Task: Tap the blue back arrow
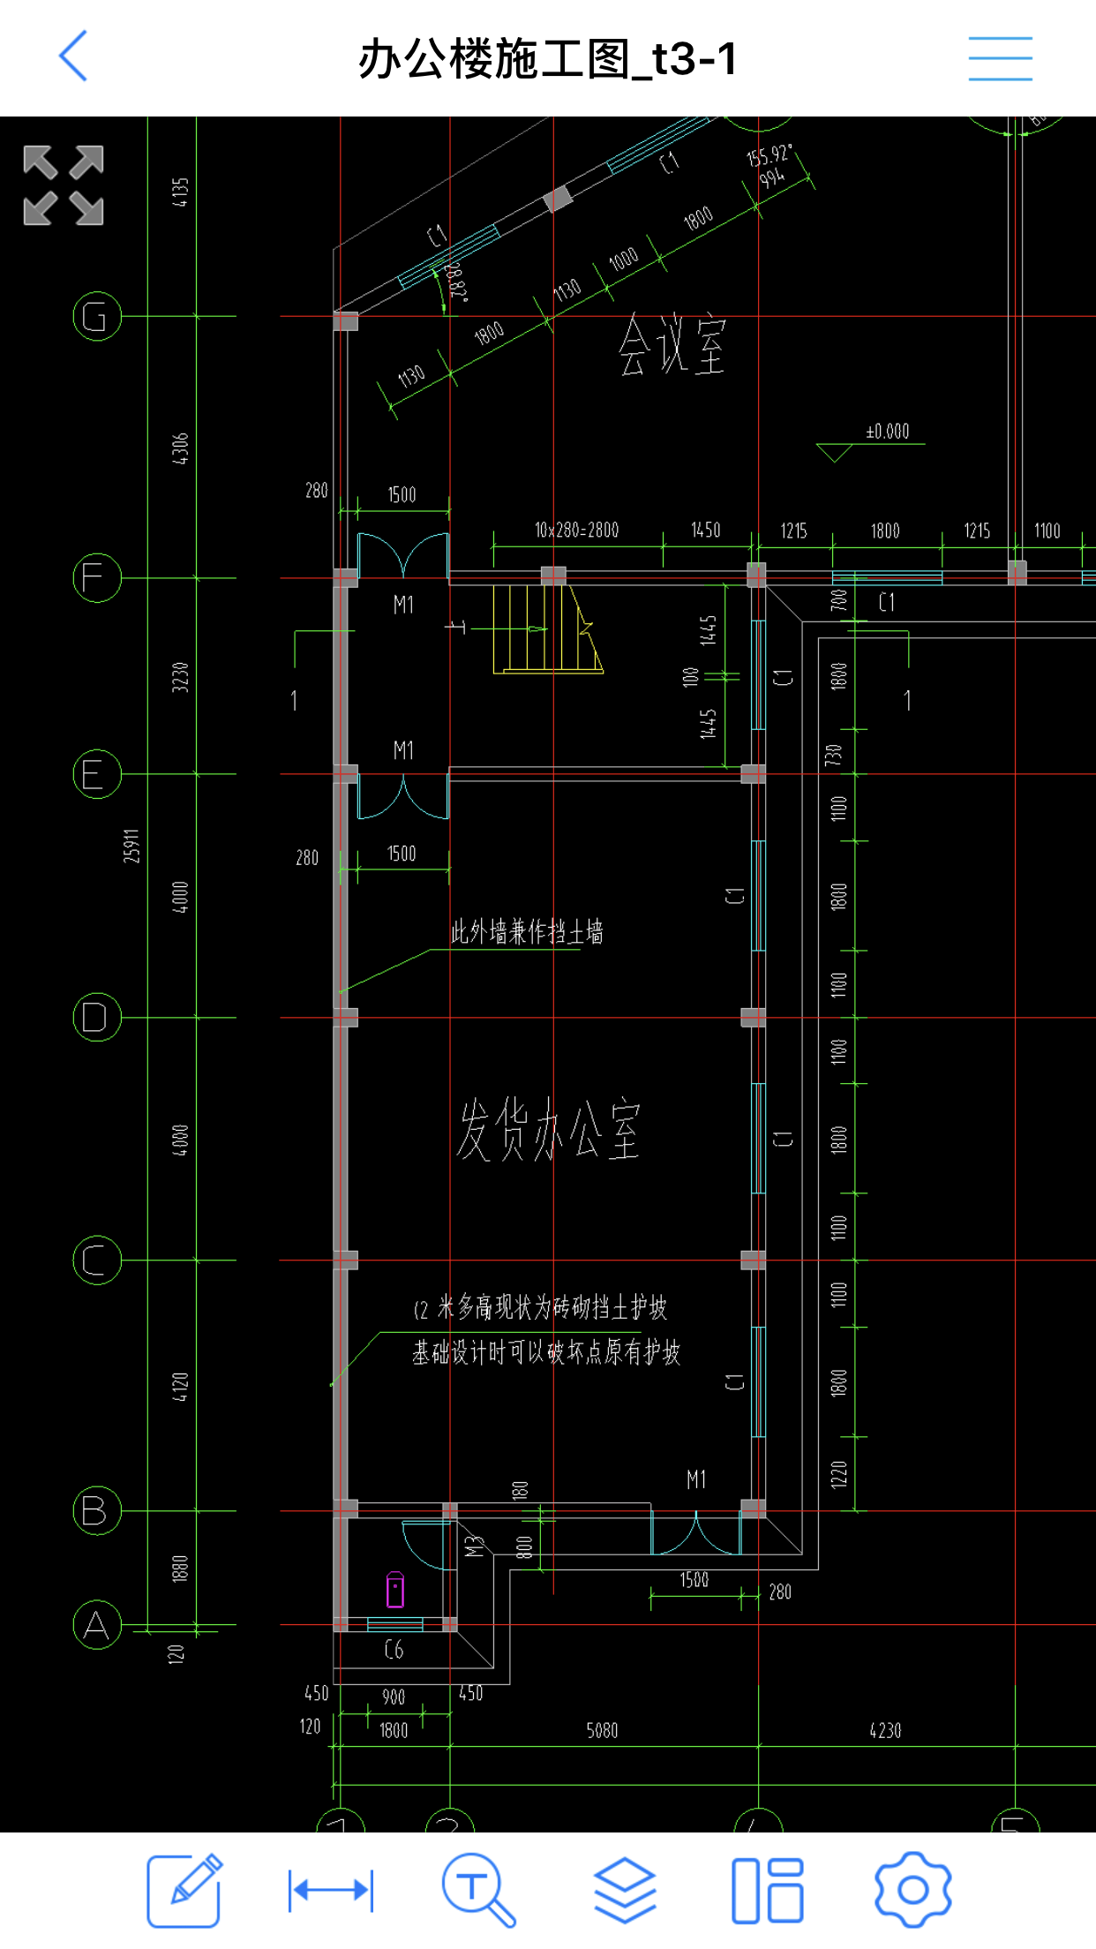73,56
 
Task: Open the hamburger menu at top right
1000,58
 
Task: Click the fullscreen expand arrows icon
64,185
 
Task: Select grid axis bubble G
96,316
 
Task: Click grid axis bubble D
96,1017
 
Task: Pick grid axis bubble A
96,1624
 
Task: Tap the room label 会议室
672,346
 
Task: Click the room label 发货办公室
548,1130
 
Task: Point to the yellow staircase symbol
547,628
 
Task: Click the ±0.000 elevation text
887,432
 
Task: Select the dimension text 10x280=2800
576,530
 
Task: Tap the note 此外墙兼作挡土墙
527,932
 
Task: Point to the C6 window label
394,1649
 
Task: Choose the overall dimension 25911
131,846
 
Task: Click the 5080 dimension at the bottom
602,1730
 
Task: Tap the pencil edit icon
184,1890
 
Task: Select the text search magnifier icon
477,1890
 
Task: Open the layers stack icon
624,1890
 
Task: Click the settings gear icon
912,1890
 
